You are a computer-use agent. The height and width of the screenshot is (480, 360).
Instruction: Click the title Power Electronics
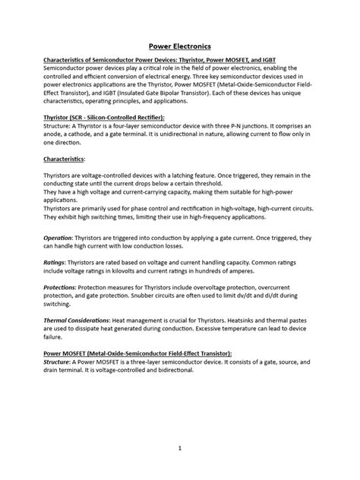(x=179, y=46)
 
